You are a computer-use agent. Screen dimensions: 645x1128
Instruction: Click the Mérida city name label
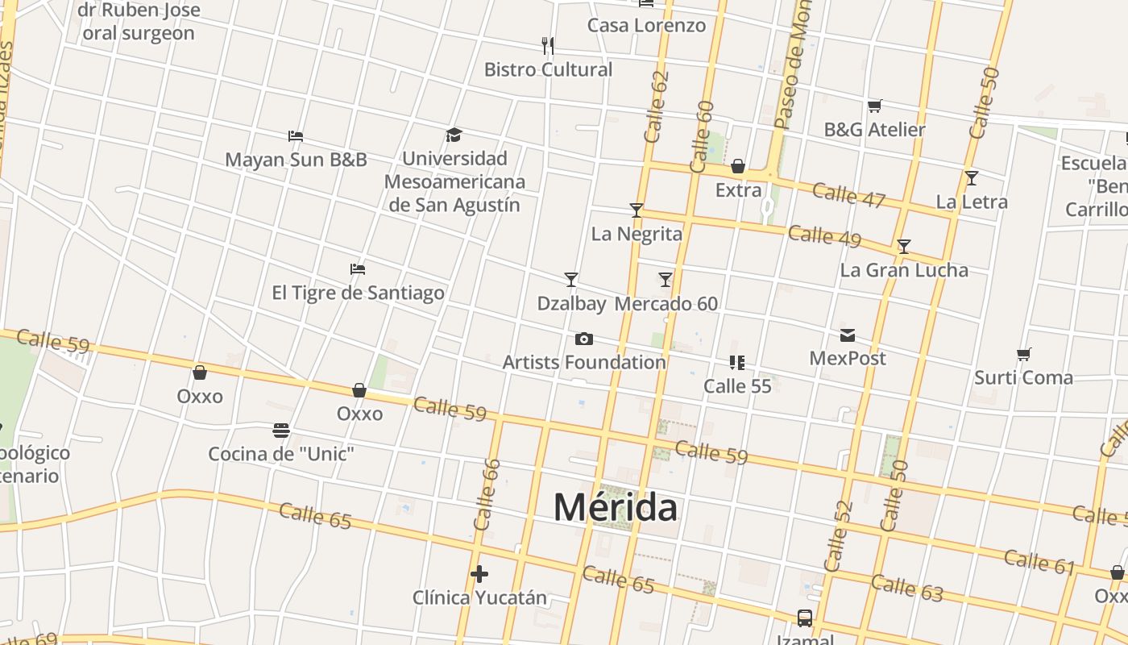tap(616, 507)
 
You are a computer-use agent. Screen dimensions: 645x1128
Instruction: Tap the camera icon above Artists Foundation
tap(583, 339)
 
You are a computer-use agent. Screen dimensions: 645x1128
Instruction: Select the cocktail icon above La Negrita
tap(637, 210)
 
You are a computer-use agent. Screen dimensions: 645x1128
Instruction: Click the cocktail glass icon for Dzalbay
tap(571, 280)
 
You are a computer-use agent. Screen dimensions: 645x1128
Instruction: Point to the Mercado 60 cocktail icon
tap(666, 280)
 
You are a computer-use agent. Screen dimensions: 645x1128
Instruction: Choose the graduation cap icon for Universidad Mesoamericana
tap(454, 135)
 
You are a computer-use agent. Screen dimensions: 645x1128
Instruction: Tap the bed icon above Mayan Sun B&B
tap(296, 136)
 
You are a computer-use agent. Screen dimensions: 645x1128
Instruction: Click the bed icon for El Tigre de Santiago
tap(358, 269)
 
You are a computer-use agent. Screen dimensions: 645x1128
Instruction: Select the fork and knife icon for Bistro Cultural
tap(548, 45)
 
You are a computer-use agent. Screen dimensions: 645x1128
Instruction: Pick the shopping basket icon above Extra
tap(738, 167)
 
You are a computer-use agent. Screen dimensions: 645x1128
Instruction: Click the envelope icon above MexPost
tap(848, 335)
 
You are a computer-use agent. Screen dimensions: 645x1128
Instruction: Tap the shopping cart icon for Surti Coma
tap(1024, 354)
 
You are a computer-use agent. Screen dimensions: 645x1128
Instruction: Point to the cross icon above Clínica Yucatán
tap(479, 574)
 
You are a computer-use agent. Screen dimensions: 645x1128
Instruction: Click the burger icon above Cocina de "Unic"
tap(280, 431)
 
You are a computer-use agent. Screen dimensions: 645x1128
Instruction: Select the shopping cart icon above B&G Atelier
tap(875, 106)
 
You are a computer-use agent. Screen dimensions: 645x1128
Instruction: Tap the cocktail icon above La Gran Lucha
tap(904, 246)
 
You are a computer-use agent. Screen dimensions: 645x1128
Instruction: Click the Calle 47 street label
tap(848, 195)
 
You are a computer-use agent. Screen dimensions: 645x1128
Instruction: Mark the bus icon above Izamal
tap(804, 618)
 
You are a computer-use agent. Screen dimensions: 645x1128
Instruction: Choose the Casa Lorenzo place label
tap(646, 25)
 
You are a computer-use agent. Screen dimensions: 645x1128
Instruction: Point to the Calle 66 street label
tap(487, 494)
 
